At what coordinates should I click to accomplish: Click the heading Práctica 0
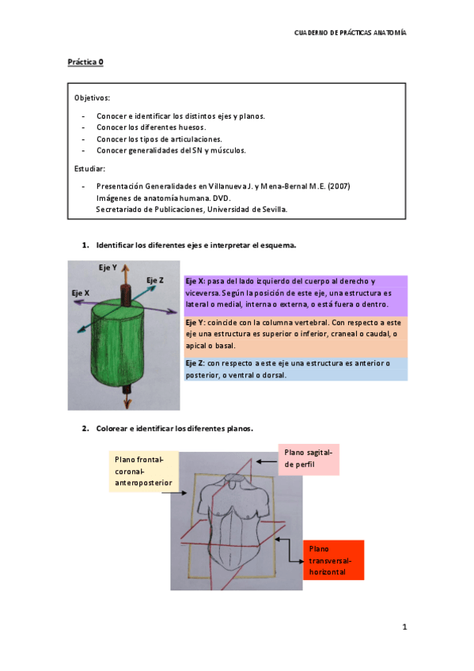85,62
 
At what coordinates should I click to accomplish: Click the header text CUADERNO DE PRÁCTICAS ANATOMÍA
350,32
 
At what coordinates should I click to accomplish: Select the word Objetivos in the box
91,98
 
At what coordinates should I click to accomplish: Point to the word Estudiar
89,169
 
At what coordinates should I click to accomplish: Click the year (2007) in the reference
339,186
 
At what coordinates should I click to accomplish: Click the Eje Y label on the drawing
108,267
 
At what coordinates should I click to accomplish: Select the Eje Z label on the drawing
155,280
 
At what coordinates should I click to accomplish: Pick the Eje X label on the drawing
81,293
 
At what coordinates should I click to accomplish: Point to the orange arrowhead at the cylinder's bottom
127,404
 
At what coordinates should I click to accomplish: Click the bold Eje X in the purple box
195,281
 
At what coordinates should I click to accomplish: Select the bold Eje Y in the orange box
195,323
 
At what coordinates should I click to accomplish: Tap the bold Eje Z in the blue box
195,363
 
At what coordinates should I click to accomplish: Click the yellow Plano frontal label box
144,471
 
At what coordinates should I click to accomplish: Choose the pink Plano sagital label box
309,460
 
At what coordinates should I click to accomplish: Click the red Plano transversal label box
334,560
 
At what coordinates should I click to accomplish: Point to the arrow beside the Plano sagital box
267,462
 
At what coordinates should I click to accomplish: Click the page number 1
404,627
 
